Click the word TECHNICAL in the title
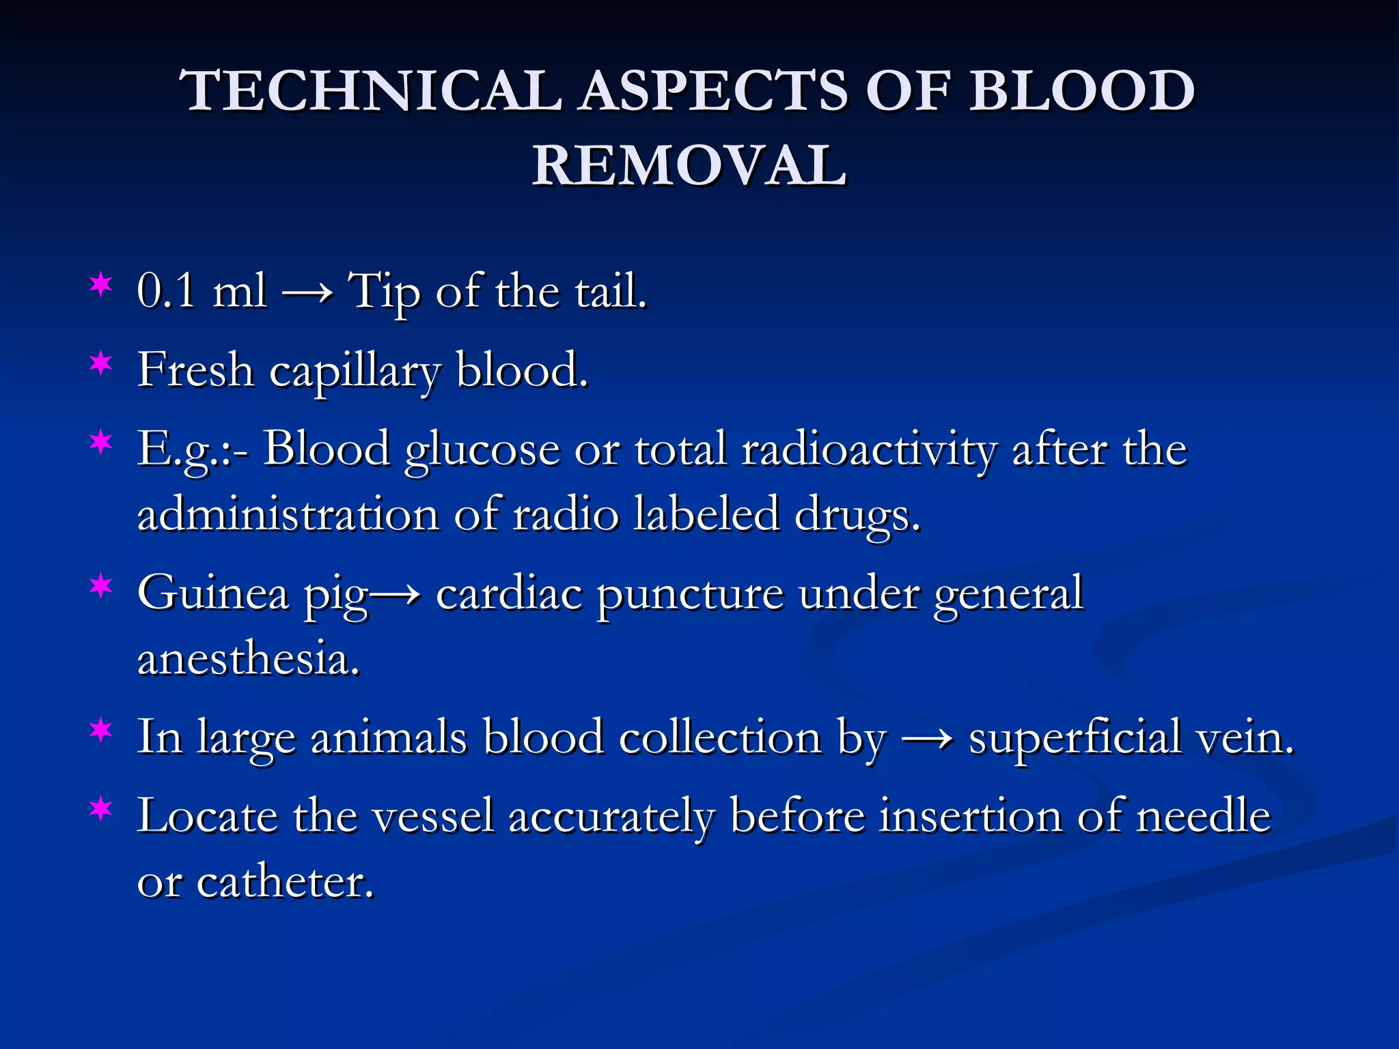pos(372,92)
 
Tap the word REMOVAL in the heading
pos(690,167)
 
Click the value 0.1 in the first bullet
pos(166,292)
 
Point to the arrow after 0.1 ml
pos(307,294)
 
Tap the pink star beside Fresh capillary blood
pos(101,363)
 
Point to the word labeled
pos(706,515)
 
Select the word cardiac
pos(509,593)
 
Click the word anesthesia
pos(248,660)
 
